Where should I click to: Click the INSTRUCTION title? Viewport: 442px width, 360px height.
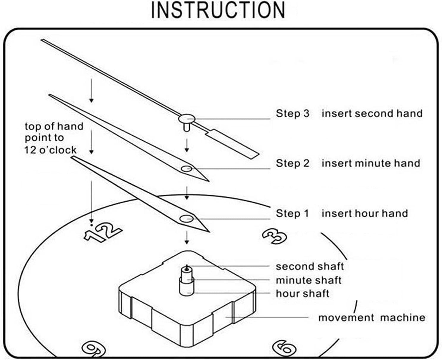(218, 10)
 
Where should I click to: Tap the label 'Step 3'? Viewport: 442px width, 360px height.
(292, 113)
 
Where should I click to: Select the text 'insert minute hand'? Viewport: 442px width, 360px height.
(371, 163)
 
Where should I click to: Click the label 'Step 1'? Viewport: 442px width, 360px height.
(292, 213)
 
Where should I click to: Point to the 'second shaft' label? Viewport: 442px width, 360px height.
(310, 266)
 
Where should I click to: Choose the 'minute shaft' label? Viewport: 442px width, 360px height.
(309, 280)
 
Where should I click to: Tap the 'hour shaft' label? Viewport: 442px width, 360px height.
(302, 294)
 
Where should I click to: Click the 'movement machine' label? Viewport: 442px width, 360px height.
(372, 317)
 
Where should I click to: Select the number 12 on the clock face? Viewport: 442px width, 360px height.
(103, 231)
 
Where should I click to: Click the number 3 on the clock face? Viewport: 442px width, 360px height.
(274, 236)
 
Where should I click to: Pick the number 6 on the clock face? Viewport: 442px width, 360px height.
(284, 347)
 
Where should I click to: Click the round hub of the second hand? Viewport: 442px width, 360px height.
(187, 119)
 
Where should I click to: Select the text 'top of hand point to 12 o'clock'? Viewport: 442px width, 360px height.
(54, 138)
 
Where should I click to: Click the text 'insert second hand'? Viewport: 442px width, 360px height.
(372, 113)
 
